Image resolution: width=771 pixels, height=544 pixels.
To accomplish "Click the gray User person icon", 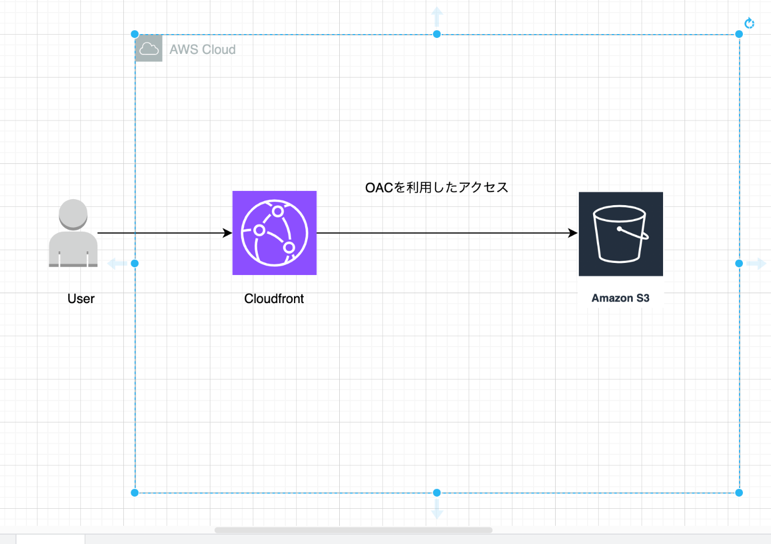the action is coord(73,233).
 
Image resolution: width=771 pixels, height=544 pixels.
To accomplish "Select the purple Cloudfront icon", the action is coord(274,233).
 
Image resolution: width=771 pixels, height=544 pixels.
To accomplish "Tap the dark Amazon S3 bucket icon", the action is coord(621,234).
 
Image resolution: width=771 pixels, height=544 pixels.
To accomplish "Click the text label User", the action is coord(81,299).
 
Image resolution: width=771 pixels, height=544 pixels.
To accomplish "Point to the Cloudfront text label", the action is coord(274,299).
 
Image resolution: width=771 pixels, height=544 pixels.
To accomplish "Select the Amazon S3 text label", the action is coord(620,298).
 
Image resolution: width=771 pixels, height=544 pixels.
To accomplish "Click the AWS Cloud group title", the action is coord(203,50).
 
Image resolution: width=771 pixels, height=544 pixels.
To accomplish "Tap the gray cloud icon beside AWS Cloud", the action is coord(149,48).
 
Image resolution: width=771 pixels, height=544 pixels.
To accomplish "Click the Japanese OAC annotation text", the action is coord(436,188).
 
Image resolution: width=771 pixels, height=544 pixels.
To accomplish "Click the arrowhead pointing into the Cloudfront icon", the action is coord(227,233).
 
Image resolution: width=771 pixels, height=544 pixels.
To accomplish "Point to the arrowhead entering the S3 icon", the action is coord(573,233).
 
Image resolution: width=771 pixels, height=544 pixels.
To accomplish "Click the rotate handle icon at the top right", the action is coord(750,23).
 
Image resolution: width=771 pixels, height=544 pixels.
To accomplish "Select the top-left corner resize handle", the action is coord(135,34).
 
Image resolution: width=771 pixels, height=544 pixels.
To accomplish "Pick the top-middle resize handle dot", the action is coord(437,34).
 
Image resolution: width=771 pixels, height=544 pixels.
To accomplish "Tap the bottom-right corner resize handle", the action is coord(739,493).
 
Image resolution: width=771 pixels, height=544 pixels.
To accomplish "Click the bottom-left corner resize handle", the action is coord(135,493).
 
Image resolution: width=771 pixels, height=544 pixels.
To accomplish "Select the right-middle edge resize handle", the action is coord(739,263).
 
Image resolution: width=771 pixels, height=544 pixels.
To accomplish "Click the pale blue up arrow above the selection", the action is coord(437,16).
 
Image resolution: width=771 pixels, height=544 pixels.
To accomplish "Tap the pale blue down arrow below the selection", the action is coord(437,509).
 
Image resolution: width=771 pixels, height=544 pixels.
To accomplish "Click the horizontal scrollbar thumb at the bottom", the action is coord(353,530).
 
